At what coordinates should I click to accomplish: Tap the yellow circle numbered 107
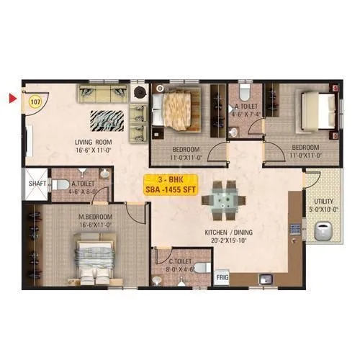(x=34, y=102)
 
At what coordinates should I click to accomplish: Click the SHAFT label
(x=37, y=184)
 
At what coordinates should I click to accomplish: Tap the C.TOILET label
(x=181, y=261)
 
